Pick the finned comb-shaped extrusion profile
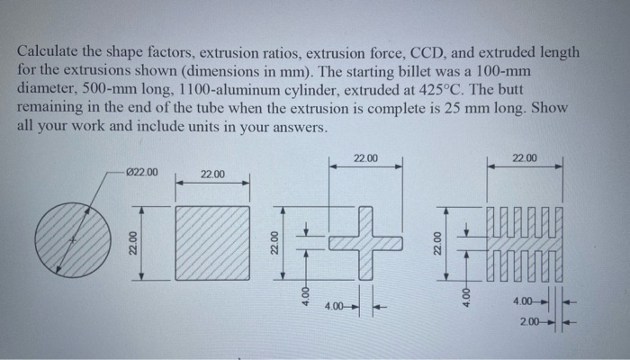[526, 241]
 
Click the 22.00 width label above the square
[213, 174]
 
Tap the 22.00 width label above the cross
[365, 158]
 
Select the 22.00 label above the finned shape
[525, 158]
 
